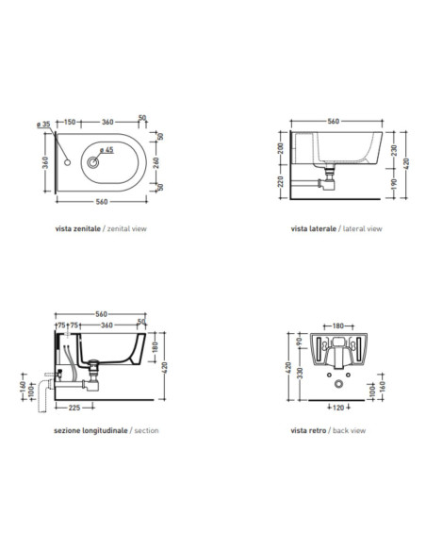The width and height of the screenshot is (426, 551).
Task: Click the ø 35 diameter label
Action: point(44,125)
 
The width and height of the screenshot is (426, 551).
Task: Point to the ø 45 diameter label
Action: point(106,150)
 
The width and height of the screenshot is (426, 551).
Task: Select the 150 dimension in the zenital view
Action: point(70,122)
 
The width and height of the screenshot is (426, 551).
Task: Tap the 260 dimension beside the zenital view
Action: point(156,162)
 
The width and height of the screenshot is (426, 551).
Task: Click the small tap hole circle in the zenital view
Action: point(67,162)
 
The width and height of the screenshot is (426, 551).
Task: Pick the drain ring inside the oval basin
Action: point(93,162)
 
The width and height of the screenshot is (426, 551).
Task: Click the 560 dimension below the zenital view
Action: point(102,202)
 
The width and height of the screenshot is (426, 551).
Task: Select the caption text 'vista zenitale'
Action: point(78,228)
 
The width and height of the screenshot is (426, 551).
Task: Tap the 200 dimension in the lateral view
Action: point(281,149)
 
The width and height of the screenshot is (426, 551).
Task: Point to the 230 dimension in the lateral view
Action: point(394,150)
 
